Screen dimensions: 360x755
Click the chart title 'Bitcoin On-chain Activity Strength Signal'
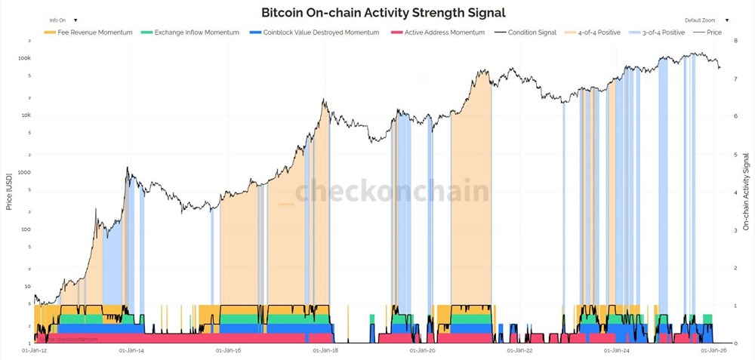pos(383,12)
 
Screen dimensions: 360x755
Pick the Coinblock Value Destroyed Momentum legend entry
pos(316,32)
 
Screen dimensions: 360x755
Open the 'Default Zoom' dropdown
pos(706,20)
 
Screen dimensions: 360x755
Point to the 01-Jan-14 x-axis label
pos(131,350)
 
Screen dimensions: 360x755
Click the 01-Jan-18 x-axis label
pos(326,350)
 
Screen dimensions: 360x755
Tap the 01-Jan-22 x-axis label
pos(520,350)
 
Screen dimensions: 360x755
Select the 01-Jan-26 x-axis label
pos(714,350)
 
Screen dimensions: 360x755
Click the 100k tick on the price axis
pos(24,58)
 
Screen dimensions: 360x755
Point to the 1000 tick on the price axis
pos(24,172)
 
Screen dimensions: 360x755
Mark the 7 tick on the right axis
pos(726,78)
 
